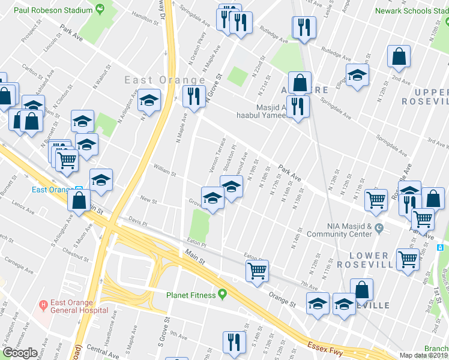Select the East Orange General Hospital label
click(x=75, y=306)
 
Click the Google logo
click(x=20, y=353)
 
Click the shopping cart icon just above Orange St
click(x=257, y=270)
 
